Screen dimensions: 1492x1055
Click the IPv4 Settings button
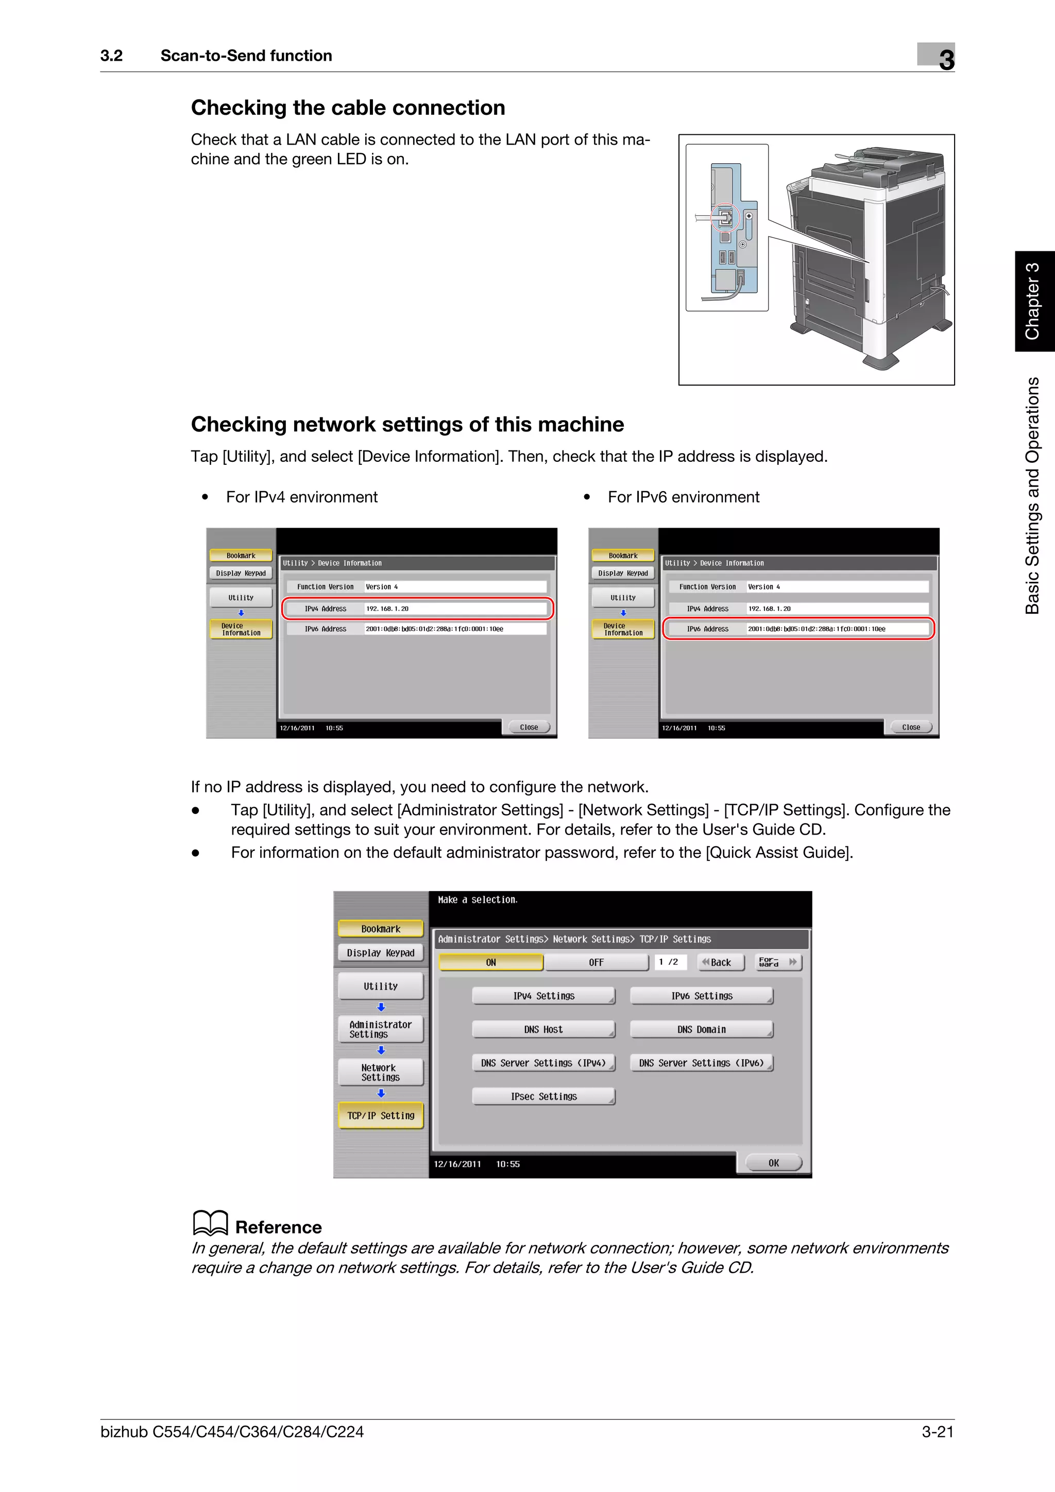tap(543, 996)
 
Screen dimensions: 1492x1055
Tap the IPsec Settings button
tap(543, 1096)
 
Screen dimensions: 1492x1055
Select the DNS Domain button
tap(702, 1029)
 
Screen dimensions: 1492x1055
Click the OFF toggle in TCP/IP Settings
tap(596, 962)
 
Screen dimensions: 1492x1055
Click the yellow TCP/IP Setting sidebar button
tap(380, 1115)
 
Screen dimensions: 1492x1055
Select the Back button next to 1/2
tap(720, 962)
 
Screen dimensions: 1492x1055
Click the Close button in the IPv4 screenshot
tap(529, 727)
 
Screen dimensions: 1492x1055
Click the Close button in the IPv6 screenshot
tap(911, 727)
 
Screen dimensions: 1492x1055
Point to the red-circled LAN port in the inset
tap(725, 218)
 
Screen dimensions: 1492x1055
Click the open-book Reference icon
tap(210, 1223)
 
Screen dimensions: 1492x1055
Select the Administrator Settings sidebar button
tap(380, 1029)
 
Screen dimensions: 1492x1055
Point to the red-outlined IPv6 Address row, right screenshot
tap(798, 629)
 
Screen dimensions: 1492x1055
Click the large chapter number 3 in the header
tap(946, 60)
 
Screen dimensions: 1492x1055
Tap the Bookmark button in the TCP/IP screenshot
tap(380, 929)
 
